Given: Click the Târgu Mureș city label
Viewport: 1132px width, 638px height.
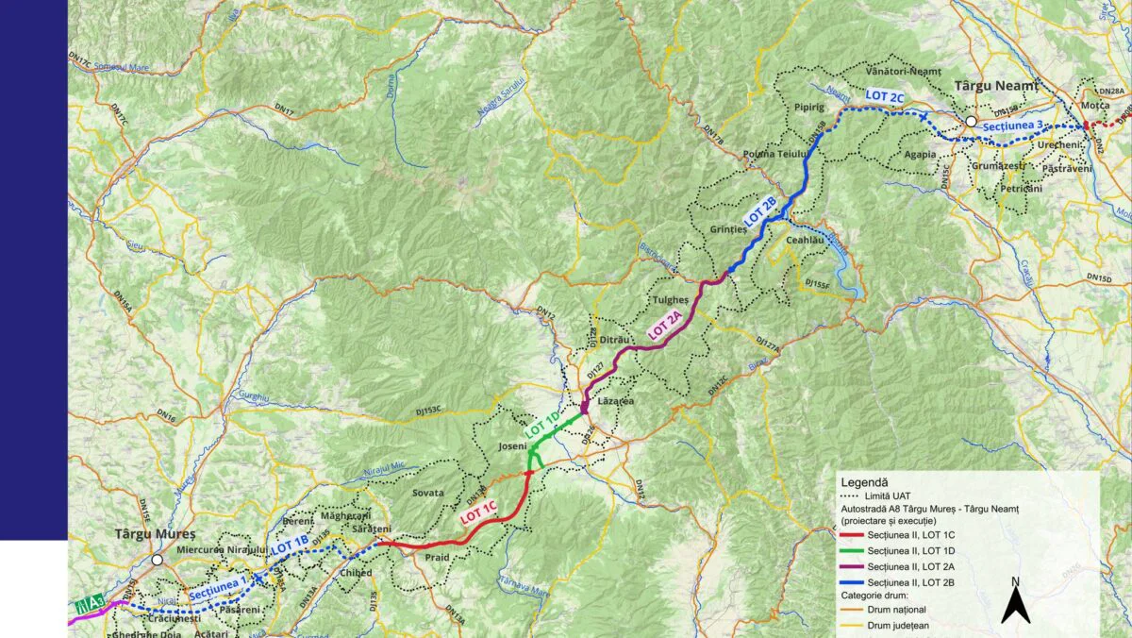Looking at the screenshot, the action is pos(154,533).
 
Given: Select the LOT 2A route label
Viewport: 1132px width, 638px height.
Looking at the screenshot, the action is pos(666,326).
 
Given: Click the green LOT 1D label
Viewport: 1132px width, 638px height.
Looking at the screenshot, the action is pos(543,422).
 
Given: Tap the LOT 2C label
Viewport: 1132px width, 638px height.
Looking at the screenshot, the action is pos(884,95).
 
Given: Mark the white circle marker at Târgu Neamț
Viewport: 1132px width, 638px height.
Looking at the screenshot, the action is pos(970,122).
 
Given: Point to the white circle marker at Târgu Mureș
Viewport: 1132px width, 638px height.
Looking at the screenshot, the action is pos(158,560).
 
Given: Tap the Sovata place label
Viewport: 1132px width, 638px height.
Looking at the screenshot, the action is pos(427,493).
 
